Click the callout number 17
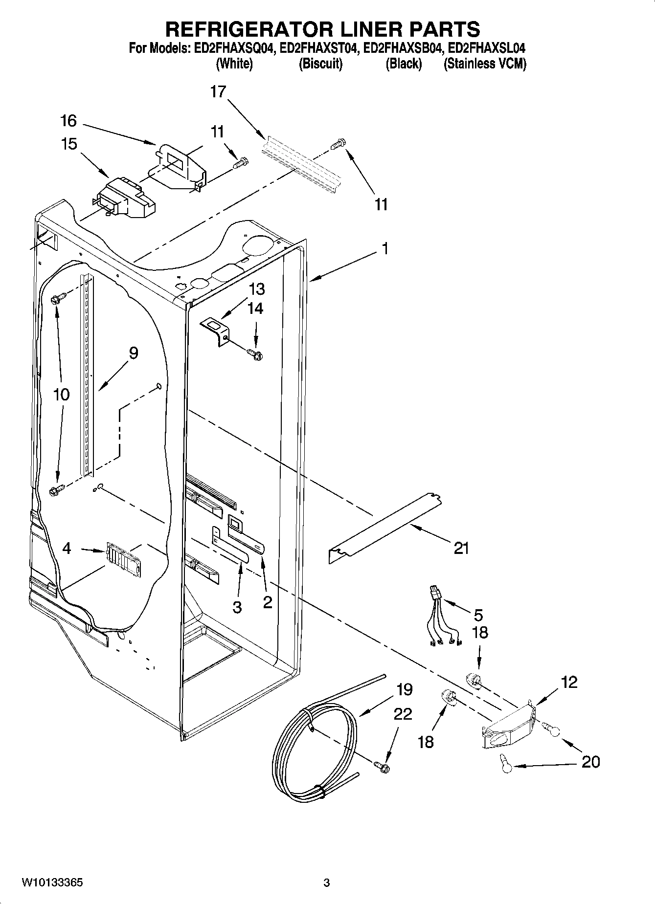pyautogui.click(x=218, y=91)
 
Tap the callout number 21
pyautogui.click(x=461, y=549)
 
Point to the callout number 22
pyautogui.click(x=403, y=714)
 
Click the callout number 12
pyautogui.click(x=569, y=682)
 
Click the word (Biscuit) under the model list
pyautogui.click(x=320, y=64)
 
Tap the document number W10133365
pyautogui.click(x=52, y=883)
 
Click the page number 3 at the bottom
pyautogui.click(x=327, y=883)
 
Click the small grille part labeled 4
pyautogui.click(x=122, y=556)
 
